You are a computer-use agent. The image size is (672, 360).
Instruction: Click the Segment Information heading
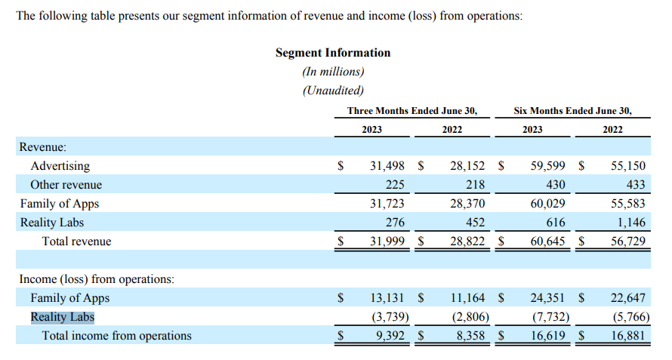click(333, 53)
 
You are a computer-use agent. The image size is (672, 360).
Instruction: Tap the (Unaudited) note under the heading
click(333, 91)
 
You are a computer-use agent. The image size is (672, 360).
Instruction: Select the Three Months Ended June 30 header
click(412, 110)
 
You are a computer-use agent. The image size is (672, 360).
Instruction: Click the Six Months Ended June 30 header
click(572, 110)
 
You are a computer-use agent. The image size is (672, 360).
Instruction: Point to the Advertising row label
click(60, 166)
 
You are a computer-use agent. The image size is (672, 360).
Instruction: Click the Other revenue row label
click(66, 185)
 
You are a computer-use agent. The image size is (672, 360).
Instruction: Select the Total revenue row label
click(76, 242)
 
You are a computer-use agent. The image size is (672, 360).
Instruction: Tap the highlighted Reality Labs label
click(63, 317)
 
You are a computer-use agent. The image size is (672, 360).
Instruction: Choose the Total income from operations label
click(116, 336)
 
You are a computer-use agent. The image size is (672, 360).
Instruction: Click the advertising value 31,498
click(387, 166)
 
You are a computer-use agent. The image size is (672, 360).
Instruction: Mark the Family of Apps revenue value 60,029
click(549, 204)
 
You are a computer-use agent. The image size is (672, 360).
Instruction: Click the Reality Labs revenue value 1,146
click(630, 223)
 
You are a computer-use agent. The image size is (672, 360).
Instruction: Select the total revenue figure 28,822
click(467, 242)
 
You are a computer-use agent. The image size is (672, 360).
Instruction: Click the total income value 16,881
click(627, 336)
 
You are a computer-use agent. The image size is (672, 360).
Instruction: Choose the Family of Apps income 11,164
click(467, 298)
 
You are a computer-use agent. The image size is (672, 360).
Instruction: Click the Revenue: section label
click(43, 147)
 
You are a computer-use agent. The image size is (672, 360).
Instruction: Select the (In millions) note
click(333, 72)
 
